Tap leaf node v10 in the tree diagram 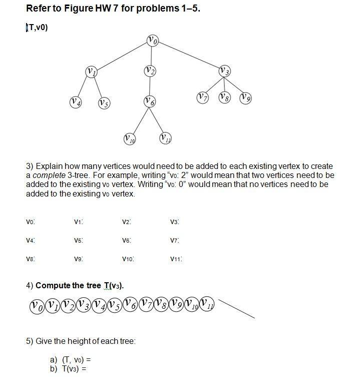129,138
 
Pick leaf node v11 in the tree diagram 165,138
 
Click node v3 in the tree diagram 225,71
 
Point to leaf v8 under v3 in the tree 224,97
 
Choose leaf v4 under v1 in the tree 76,102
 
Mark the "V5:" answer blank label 78,241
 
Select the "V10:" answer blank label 128,259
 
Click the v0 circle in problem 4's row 37,305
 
